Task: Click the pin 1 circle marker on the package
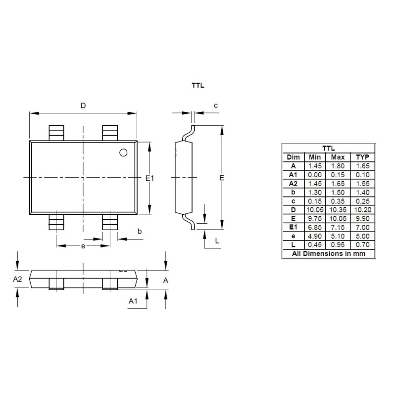(x=123, y=152)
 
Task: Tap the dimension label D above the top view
(x=83, y=105)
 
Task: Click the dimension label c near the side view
(x=215, y=105)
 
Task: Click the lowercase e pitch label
(x=83, y=246)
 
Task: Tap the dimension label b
(x=140, y=231)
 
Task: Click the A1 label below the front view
(x=133, y=300)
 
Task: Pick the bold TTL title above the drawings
(x=198, y=85)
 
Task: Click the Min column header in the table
(x=314, y=157)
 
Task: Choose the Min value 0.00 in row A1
(x=314, y=174)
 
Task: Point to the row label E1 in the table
(x=293, y=227)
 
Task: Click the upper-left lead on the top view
(x=56, y=133)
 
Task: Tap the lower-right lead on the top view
(x=109, y=223)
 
